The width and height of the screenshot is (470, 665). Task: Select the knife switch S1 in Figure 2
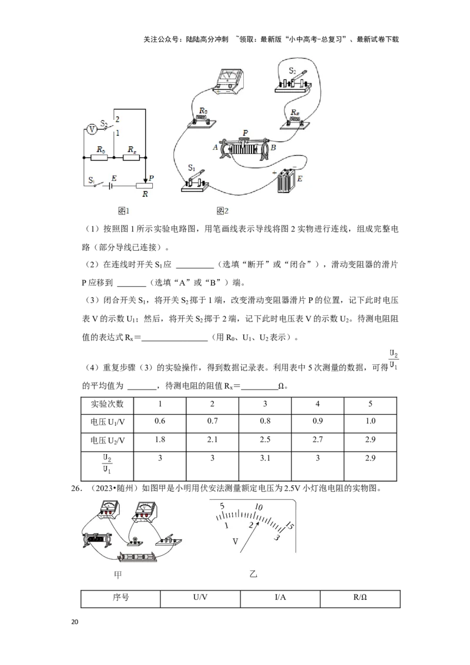coord(195,181)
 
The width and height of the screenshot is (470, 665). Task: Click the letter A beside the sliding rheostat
coord(215,147)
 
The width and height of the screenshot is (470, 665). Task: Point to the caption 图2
coord(222,211)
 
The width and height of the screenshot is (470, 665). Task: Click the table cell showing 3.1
coord(265,458)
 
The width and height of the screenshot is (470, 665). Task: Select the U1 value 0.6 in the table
coord(160,421)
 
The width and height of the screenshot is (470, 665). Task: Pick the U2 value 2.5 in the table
coord(265,439)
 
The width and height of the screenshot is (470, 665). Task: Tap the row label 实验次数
coord(108,404)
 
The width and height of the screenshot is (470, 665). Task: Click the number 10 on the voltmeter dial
coord(258,507)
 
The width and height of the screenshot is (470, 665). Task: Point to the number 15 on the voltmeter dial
coord(289,526)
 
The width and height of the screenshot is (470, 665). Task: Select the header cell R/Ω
coord(360,597)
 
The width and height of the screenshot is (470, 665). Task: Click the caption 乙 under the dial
coord(253,575)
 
